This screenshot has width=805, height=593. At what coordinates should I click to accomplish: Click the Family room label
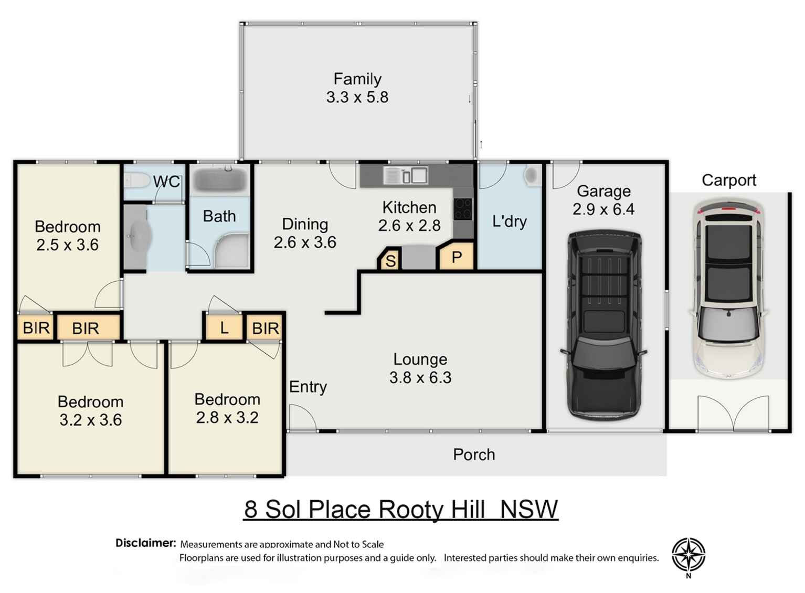[x=357, y=79]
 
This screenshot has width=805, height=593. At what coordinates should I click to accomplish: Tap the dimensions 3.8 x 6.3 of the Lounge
[x=420, y=378]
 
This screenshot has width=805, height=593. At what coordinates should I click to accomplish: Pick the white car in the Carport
[x=729, y=289]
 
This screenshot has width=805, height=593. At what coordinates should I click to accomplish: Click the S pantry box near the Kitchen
[x=390, y=260]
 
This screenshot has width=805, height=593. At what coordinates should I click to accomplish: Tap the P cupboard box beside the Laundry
[x=457, y=257]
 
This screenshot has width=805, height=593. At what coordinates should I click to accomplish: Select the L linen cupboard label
[x=224, y=329]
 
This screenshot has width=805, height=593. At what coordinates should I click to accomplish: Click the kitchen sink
[x=412, y=175]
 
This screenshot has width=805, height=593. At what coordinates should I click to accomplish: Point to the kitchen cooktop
[x=463, y=209]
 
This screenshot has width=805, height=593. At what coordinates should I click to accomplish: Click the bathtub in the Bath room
[x=219, y=180]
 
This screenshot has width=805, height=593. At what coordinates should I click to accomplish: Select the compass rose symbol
[x=689, y=555]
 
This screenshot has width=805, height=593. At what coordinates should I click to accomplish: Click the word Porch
[x=474, y=454]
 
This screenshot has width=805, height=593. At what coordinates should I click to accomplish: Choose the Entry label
[x=308, y=387]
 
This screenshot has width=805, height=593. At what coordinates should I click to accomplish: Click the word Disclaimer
[x=145, y=543]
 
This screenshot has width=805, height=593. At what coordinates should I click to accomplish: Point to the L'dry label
[x=509, y=221]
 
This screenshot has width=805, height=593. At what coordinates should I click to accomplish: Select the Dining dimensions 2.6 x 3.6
[x=305, y=242]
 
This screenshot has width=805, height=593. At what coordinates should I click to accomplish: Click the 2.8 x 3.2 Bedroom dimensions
[x=227, y=418]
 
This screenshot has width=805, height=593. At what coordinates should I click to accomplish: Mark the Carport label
[x=729, y=181]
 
